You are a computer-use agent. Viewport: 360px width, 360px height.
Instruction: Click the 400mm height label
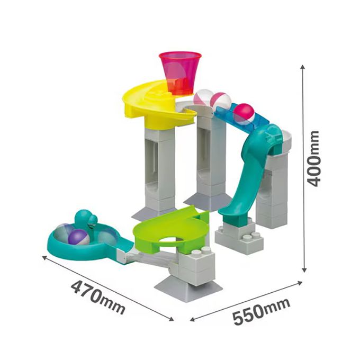click(313, 158)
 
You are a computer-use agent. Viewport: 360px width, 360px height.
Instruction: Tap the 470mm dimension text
click(98, 298)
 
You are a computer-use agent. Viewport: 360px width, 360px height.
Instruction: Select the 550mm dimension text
click(262, 311)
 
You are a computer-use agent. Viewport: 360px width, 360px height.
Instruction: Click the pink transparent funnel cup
click(180, 73)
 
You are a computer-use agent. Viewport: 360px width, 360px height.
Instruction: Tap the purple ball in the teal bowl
click(78, 237)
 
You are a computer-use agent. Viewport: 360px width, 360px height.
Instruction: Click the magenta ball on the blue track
click(244, 112)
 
